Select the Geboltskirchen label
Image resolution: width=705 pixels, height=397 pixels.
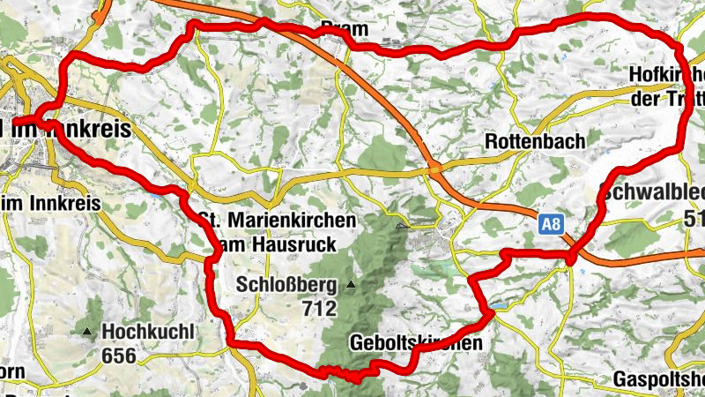tap(416, 342)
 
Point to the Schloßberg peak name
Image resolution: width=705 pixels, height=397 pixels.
tap(286, 285)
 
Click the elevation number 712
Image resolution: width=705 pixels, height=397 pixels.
tap(319, 308)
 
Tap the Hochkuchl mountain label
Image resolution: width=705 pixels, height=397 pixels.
tap(147, 332)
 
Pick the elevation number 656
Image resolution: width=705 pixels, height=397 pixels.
tap(120, 356)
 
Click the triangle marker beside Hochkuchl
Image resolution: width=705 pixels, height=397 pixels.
tap(87, 332)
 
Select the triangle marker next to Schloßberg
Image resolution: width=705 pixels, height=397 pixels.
tap(351, 285)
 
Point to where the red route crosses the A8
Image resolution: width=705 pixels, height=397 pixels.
tap(574, 251)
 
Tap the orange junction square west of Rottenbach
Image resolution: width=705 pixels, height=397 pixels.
tap(434, 169)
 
